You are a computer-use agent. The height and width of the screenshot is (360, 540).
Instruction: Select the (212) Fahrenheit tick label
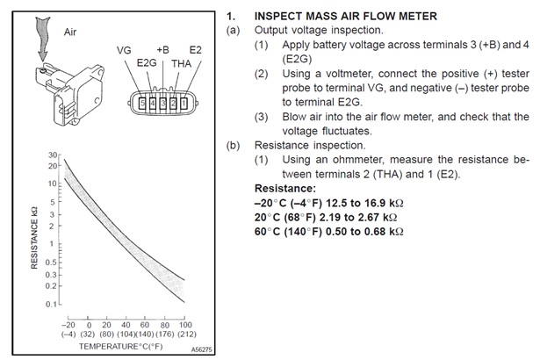click(x=185, y=334)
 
